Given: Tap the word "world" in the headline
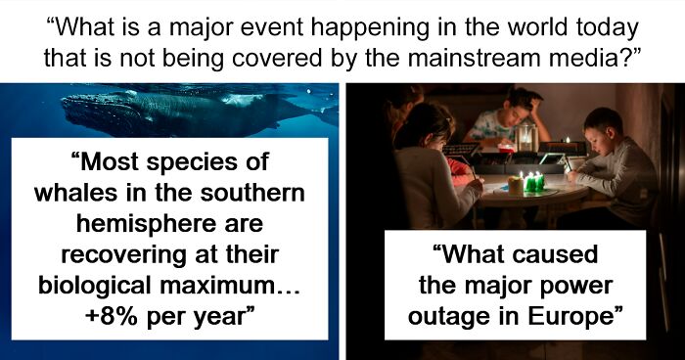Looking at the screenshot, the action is tap(536, 27).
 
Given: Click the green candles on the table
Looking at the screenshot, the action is tap(534, 181).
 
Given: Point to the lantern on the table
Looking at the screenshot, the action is tap(526, 138).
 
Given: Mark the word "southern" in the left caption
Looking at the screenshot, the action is tap(252, 193).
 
